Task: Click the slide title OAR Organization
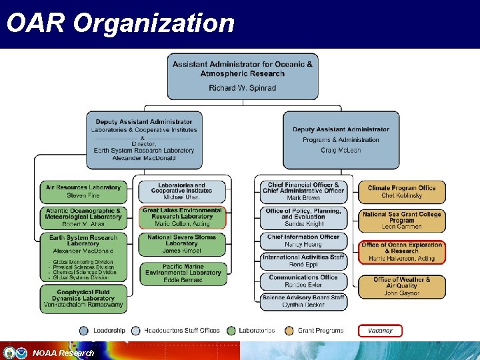click(121, 23)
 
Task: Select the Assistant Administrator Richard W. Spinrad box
click(242, 76)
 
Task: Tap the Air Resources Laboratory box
click(83, 192)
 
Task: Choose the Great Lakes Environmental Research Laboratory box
click(182, 217)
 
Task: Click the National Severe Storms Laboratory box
click(182, 244)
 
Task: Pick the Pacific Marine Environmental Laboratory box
click(182, 273)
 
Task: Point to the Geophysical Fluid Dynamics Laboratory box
click(83, 299)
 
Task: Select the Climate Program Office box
click(401, 192)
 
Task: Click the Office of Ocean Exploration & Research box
click(401, 252)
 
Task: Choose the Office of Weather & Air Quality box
click(401, 286)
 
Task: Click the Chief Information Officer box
click(303, 241)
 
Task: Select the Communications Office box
click(303, 281)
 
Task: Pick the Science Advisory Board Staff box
click(303, 301)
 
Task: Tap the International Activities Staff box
click(303, 261)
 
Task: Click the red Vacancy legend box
click(380, 330)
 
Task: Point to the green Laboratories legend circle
click(231, 331)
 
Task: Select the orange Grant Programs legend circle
click(289, 331)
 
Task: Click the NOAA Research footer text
click(63, 353)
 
